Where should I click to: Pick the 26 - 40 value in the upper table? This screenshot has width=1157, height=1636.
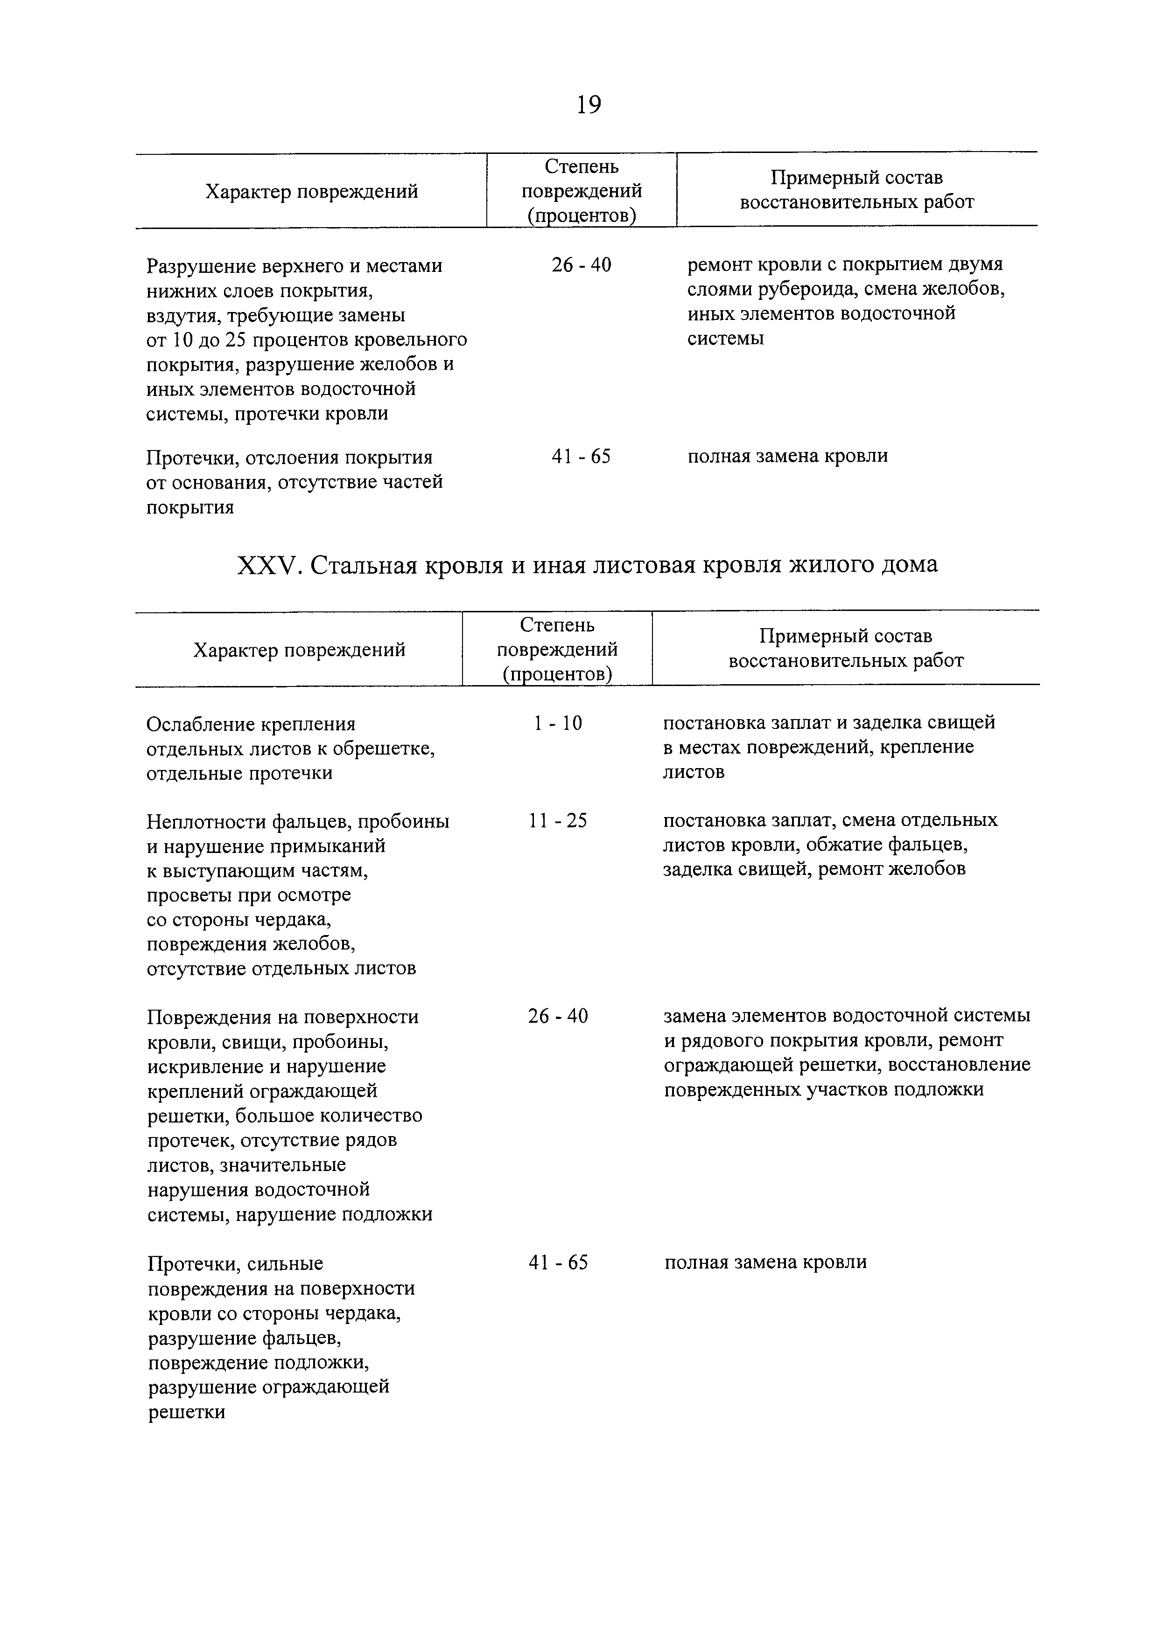(x=581, y=265)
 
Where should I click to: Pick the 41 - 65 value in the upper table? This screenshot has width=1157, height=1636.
(x=581, y=456)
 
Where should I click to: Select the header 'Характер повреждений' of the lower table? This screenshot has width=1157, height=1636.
(x=300, y=650)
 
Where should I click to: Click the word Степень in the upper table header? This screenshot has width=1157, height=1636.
(x=581, y=167)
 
